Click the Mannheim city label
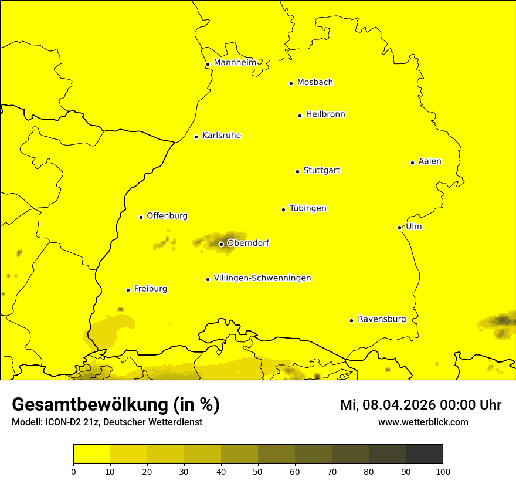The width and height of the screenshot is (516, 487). (x=235, y=62)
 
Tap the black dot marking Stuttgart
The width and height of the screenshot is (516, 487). (x=297, y=171)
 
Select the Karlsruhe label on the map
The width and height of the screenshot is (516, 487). (x=222, y=136)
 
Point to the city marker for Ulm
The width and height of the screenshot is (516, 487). (x=399, y=228)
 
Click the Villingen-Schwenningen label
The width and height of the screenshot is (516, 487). (x=262, y=278)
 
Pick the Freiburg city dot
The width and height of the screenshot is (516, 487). (x=128, y=290)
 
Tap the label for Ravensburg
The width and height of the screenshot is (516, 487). (x=382, y=319)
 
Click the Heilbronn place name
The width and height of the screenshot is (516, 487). (x=325, y=114)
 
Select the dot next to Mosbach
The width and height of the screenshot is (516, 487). (x=291, y=83)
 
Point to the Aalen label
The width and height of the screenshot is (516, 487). (x=430, y=161)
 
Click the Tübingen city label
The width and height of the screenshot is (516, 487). (x=308, y=208)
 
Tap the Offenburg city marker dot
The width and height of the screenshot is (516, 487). (x=141, y=217)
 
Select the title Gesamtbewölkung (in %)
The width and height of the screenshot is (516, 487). (x=116, y=404)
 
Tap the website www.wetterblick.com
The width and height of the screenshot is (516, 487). (x=423, y=422)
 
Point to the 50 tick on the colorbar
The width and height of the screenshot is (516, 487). (x=258, y=471)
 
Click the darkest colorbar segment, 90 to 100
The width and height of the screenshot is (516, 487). (x=424, y=454)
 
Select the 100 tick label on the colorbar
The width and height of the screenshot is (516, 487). (x=443, y=471)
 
